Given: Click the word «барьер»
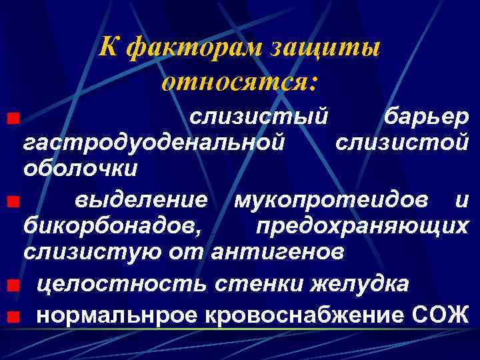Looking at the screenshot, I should point(427,117).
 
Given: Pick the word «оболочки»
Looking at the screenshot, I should point(81,167).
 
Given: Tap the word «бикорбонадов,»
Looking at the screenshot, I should point(111,225).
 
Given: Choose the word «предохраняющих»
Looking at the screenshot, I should point(362,225).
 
